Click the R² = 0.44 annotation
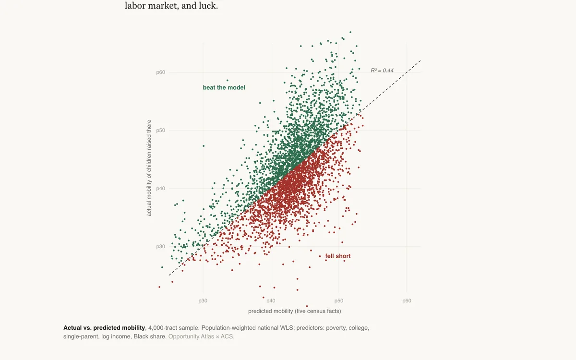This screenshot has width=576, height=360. pyautogui.click(x=382, y=71)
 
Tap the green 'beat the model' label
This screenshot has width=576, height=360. pyautogui.click(x=224, y=88)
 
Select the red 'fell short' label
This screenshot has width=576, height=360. pyautogui.click(x=337, y=256)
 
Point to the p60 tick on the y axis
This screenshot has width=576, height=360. pyautogui.click(x=160, y=72)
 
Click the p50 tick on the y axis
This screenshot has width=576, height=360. pyautogui.click(x=160, y=131)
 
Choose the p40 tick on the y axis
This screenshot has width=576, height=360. pyautogui.click(x=160, y=189)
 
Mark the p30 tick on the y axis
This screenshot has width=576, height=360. pyautogui.click(x=160, y=247)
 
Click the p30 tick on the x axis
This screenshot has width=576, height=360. pyautogui.click(x=203, y=301)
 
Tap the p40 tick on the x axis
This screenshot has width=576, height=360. pyautogui.click(x=271, y=301)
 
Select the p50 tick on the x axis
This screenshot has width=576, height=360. pyautogui.click(x=339, y=301)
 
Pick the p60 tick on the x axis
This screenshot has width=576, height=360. pyautogui.click(x=407, y=301)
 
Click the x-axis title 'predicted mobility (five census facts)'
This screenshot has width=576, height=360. pyautogui.click(x=294, y=311)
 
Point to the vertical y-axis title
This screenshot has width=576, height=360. pyautogui.click(x=149, y=168)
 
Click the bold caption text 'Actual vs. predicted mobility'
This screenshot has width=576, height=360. pyautogui.click(x=104, y=328)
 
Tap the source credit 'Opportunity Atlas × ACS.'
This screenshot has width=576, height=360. pyautogui.click(x=201, y=336)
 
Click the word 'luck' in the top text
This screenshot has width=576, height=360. pyautogui.click(x=207, y=6)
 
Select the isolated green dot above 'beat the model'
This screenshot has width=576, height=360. pyautogui.click(x=228, y=81)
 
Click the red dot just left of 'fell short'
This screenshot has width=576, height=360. pyautogui.click(x=320, y=256)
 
